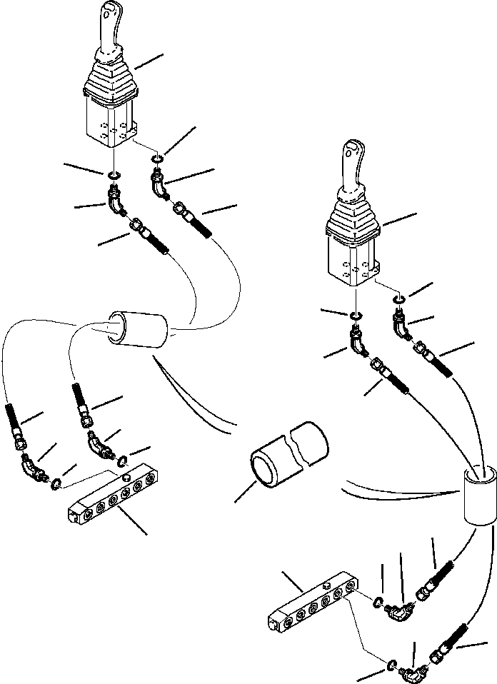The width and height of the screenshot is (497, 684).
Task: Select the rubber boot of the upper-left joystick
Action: coord(110,81)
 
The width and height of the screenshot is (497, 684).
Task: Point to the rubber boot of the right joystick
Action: coord(353,223)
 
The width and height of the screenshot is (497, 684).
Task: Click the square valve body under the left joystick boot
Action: coord(111,119)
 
